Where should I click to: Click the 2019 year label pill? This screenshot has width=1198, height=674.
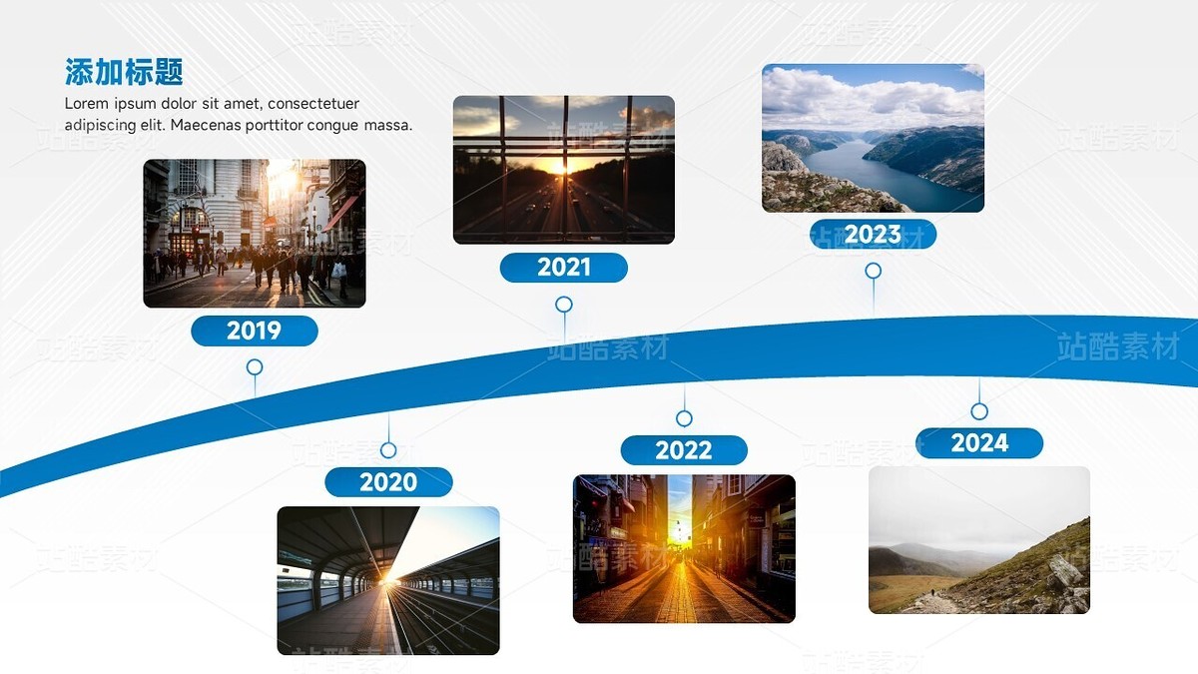point(255,331)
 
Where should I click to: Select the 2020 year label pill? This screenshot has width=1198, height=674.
point(388,482)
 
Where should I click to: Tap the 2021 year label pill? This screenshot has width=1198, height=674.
point(564,268)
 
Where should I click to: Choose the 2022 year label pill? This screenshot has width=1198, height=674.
point(684,450)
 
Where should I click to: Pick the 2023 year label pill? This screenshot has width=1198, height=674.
point(873,235)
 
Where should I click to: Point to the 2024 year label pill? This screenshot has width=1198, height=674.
point(979,443)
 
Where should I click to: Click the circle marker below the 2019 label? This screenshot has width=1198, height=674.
point(255,367)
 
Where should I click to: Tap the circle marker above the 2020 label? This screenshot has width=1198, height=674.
point(388,450)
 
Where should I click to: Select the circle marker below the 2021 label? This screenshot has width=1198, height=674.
point(564,305)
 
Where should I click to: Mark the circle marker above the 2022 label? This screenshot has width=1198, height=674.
point(685,418)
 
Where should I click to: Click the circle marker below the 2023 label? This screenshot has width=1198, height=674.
point(874,272)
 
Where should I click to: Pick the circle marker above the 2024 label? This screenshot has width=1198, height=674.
point(979,411)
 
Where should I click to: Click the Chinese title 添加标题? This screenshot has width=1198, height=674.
point(124,72)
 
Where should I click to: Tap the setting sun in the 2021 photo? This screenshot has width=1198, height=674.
point(559,168)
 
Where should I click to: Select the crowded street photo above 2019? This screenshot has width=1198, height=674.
point(255,234)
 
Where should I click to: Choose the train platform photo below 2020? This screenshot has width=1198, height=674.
point(388,580)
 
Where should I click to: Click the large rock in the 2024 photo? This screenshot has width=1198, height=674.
point(1064,571)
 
